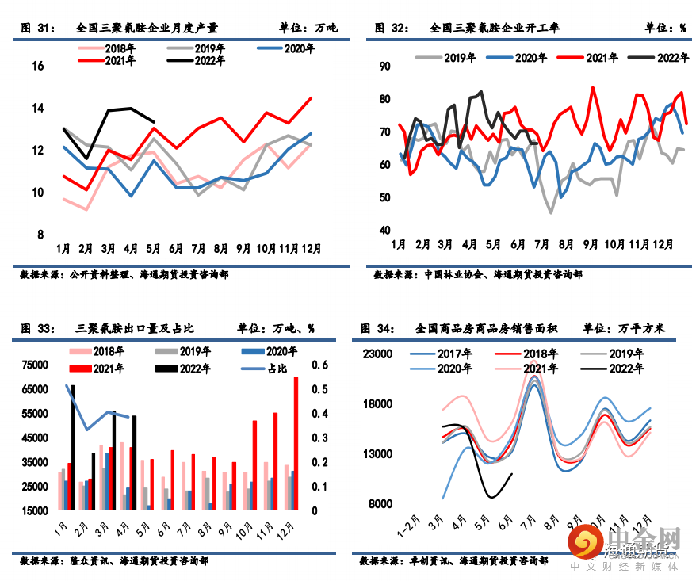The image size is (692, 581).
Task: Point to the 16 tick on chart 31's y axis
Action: click(x=37, y=66)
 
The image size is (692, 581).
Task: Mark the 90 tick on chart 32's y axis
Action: click(x=384, y=67)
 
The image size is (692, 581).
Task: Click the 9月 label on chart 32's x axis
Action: click(x=591, y=243)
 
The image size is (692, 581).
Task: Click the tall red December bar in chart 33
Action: click(x=296, y=444)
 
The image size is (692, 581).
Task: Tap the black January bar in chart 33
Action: click(x=73, y=448)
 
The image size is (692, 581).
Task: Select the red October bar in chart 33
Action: click(x=254, y=465)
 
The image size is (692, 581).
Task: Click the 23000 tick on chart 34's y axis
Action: click(x=377, y=355)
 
